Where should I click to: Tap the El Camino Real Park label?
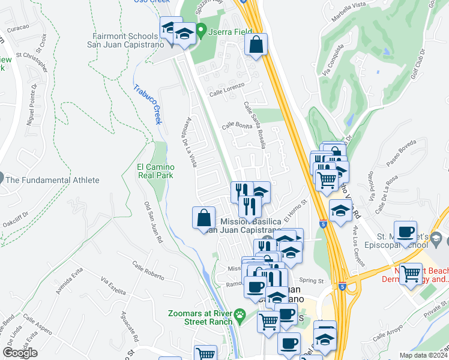[155, 171]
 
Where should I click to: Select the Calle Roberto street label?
[148, 268]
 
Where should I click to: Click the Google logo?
[20, 353]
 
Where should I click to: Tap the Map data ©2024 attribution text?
[424, 355]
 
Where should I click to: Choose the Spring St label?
[311, 280]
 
